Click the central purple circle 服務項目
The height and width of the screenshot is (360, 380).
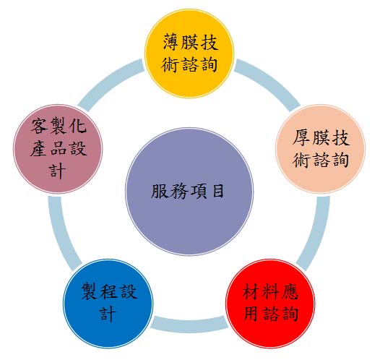(189, 192)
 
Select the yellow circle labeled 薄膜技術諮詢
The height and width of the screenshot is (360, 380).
(189, 53)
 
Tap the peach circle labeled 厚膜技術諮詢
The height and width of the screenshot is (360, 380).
(320, 149)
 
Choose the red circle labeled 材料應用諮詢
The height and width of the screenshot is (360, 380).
(270, 304)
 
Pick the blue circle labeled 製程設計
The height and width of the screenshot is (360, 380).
(108, 304)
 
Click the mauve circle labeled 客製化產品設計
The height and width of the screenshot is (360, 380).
(58, 149)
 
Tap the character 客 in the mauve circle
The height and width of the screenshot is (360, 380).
(40, 126)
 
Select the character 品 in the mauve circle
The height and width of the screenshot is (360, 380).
(59, 148)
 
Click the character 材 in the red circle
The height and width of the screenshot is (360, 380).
(251, 292)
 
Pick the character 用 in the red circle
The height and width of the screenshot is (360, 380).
(251, 314)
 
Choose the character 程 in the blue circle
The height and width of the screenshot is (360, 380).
(109, 291)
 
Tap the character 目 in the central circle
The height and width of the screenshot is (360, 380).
(218, 191)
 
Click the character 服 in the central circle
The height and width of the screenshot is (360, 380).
(160, 192)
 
